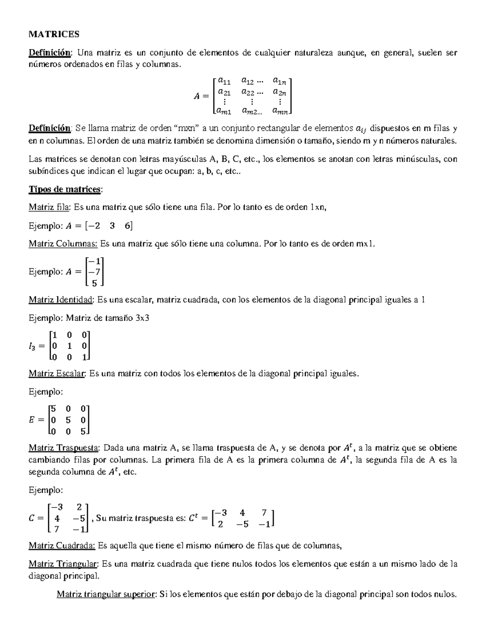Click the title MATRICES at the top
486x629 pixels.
pos(54,34)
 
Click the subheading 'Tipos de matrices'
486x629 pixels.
pos(66,189)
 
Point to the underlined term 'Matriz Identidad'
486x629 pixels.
pos(61,300)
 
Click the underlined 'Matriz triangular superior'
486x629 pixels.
pos(106,595)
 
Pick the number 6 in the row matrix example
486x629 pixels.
pos(128,226)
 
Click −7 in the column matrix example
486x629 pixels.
pos(95,272)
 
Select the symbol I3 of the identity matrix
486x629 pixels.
pos(32,346)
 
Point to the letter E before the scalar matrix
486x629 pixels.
pos(32,420)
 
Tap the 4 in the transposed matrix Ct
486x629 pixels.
pos(242,513)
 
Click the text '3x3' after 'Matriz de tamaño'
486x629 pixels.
pos(141,318)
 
